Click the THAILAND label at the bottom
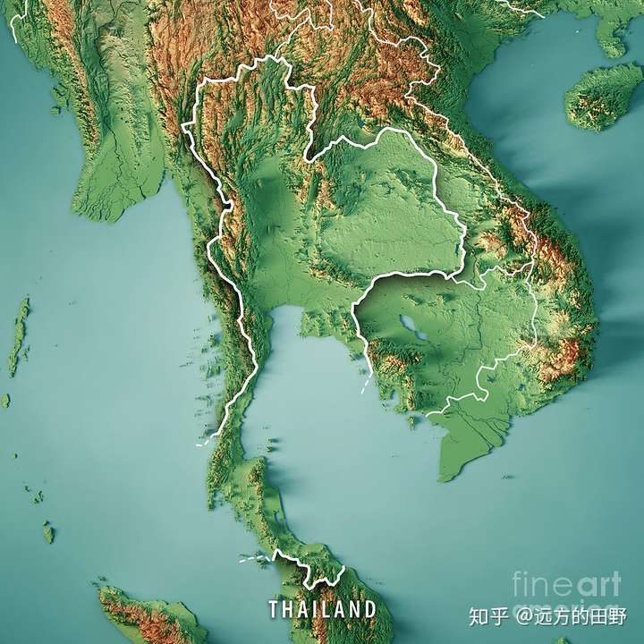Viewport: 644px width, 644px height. (322, 610)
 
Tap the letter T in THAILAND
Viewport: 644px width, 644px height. (274, 610)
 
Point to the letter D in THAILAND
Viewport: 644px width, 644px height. (369, 610)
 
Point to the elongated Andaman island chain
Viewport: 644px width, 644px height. (19, 335)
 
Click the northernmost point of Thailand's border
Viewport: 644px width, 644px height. (268, 59)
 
